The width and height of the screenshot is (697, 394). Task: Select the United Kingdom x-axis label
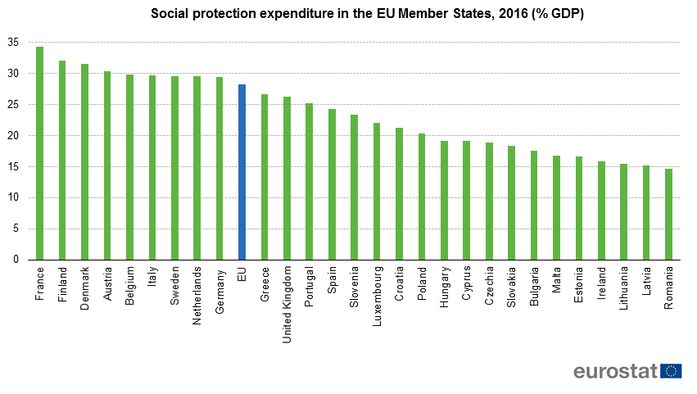pos(287,294)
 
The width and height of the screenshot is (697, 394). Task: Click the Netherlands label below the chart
pos(197,294)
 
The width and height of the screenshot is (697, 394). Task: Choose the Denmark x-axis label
pos(84,285)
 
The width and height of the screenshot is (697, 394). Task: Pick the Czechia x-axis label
pos(489,283)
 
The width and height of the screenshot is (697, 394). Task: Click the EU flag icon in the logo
pos(671,370)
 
